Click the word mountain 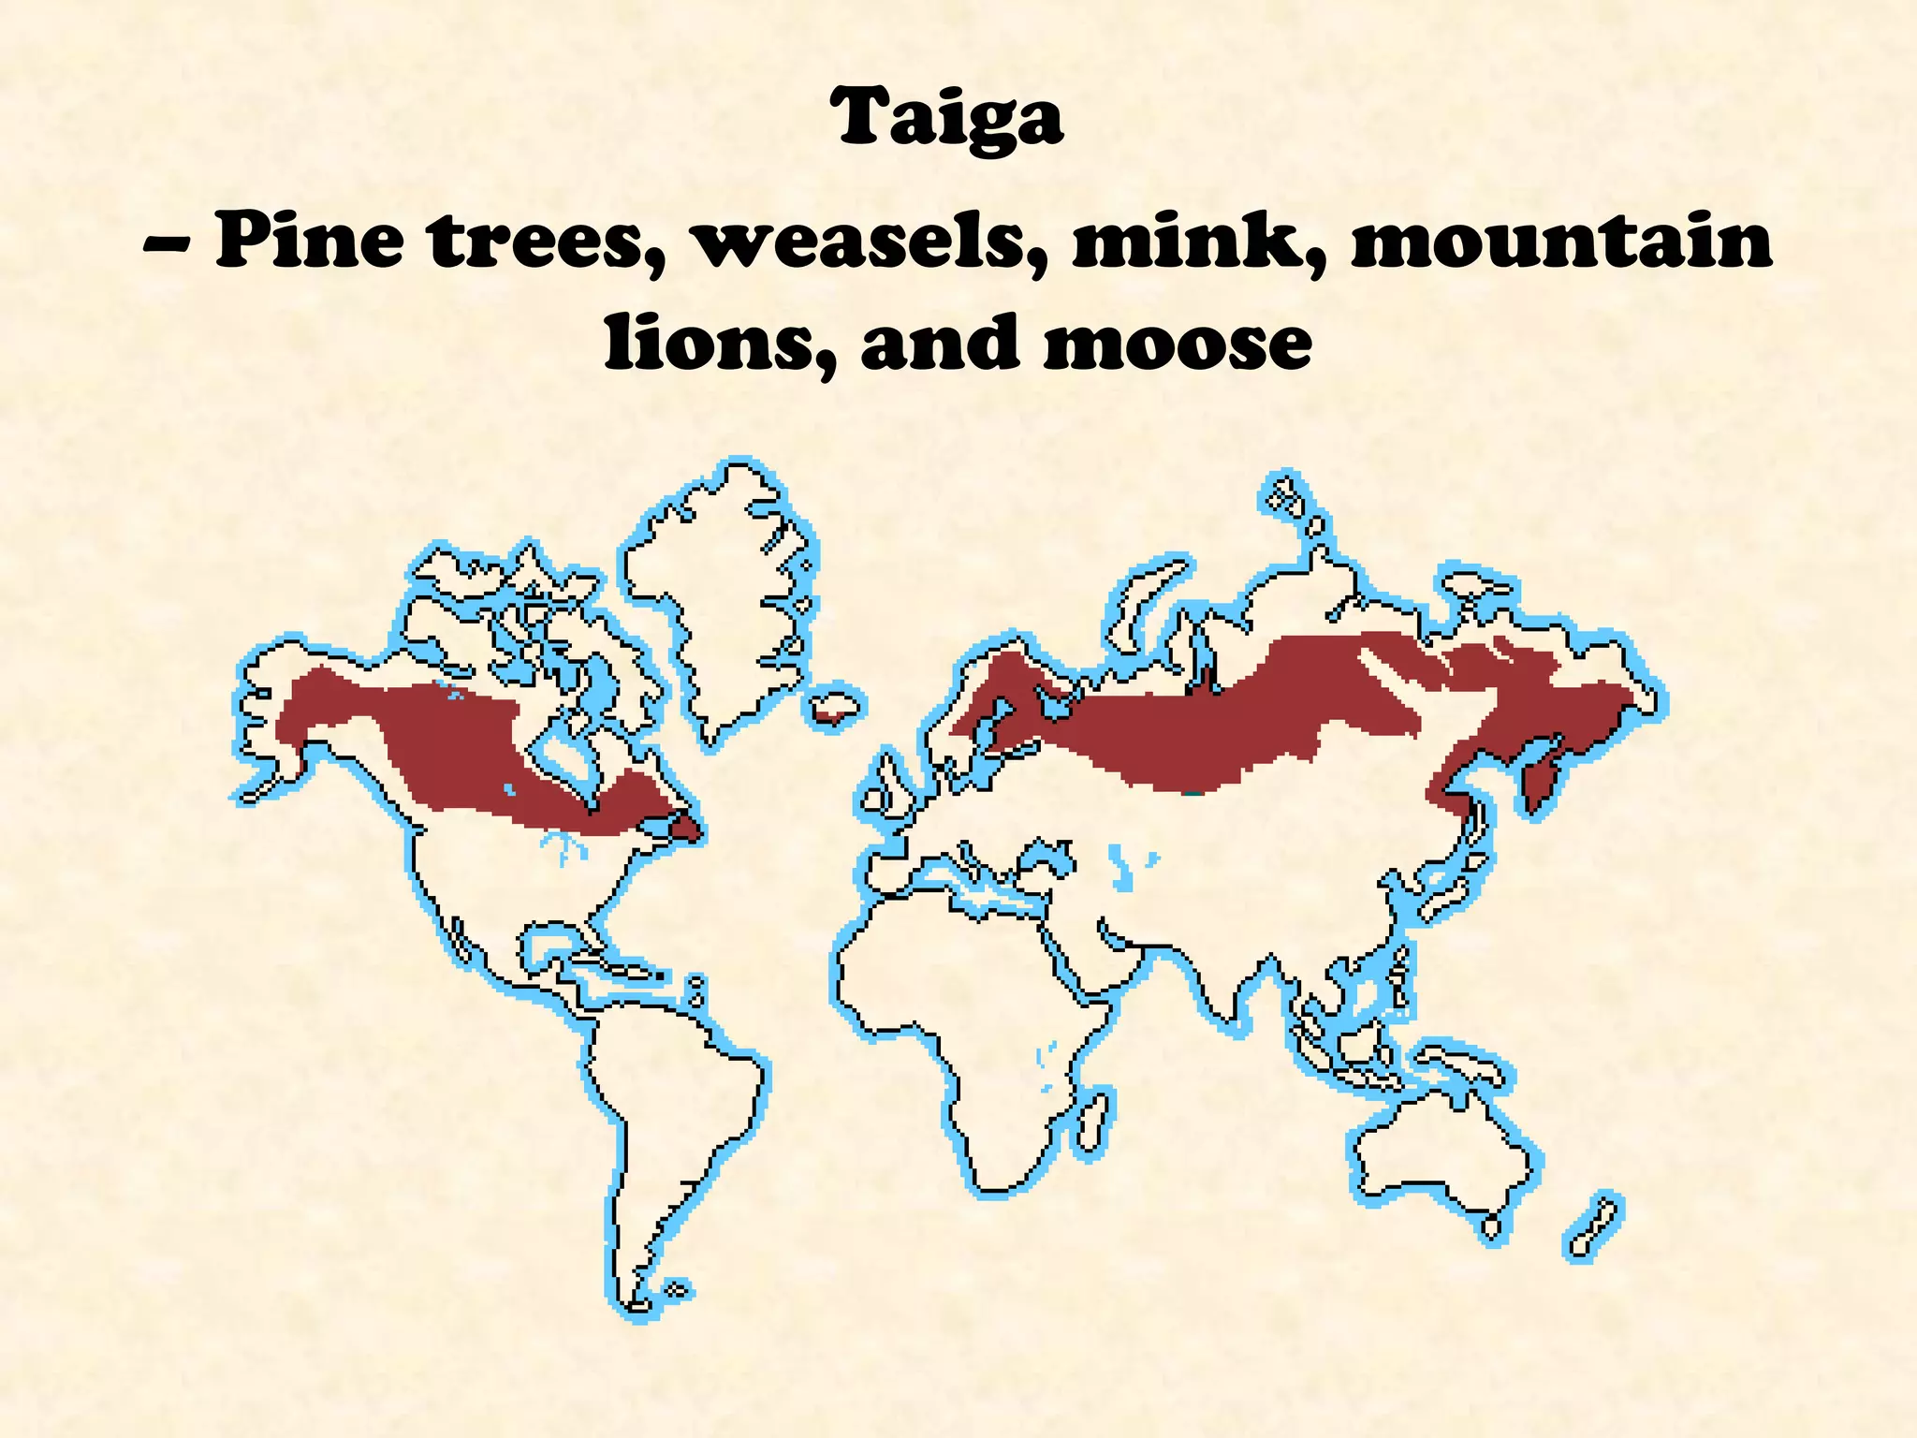click(x=1561, y=241)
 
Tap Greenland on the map click(x=721, y=599)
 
